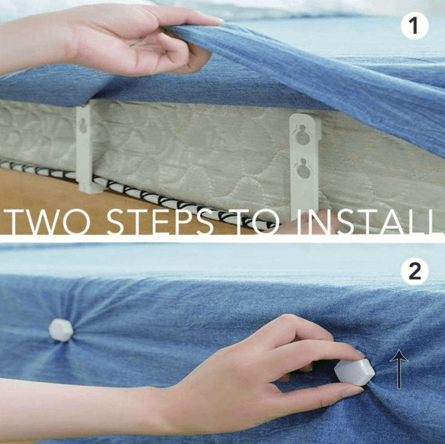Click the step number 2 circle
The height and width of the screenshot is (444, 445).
pos(415,272)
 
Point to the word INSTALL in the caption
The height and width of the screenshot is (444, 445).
pos(366,222)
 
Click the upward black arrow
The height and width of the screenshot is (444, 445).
pos(399,368)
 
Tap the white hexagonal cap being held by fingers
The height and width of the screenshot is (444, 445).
pos(354,371)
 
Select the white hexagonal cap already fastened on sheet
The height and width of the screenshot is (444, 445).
pos(61,330)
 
